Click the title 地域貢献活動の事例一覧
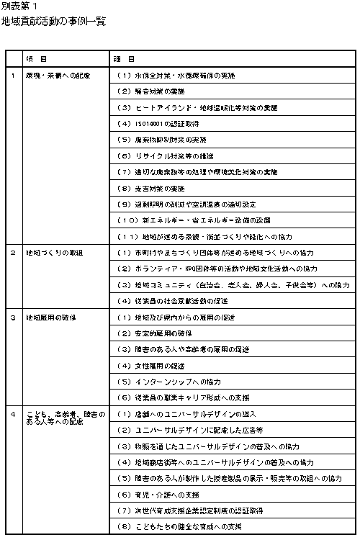tap(54, 22)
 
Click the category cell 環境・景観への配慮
tap(58, 75)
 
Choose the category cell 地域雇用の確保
tap(51, 317)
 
